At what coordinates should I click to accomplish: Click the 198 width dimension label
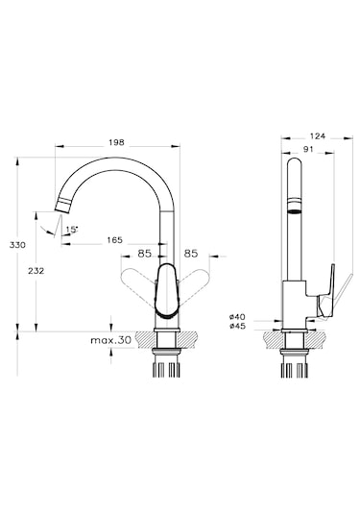click(116, 142)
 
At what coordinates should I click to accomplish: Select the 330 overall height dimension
click(17, 245)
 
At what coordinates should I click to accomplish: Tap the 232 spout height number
click(36, 271)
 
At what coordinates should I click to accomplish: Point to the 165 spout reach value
click(114, 240)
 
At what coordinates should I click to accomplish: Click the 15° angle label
click(72, 230)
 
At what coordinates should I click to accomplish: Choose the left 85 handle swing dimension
click(144, 254)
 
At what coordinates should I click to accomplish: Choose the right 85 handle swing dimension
click(191, 254)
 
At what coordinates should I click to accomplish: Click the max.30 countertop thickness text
click(111, 340)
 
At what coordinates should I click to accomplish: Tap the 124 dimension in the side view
click(317, 135)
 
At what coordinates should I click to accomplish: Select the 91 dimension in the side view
click(308, 149)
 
